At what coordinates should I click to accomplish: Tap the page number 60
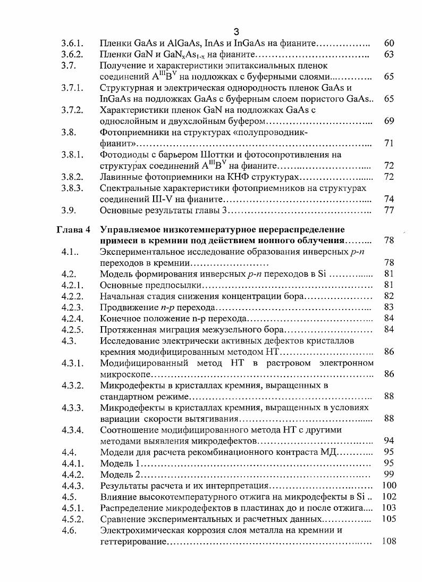[x=389, y=43]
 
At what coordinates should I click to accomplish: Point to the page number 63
[x=389, y=54]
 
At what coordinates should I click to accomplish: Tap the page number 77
[x=389, y=211]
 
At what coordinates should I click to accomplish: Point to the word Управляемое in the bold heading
[x=132, y=230]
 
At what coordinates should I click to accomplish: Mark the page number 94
[x=389, y=441]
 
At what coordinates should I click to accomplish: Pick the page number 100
[x=389, y=486]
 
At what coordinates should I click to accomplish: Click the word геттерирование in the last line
[x=133, y=542]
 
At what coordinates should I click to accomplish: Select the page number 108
[x=389, y=542]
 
